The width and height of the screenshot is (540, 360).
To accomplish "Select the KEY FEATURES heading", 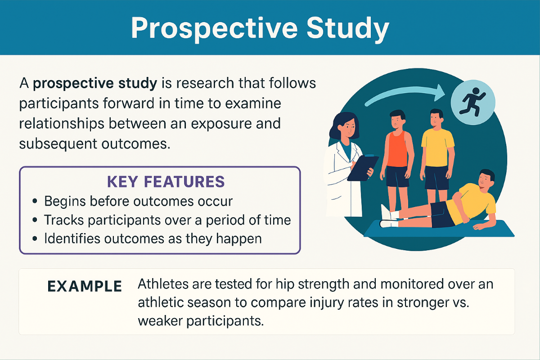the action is (x=166, y=181).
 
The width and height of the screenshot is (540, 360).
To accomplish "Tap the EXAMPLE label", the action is (x=85, y=286).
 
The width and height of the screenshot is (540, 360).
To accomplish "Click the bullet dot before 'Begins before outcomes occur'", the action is (x=35, y=201).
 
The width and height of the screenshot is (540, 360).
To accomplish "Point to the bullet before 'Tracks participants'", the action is (x=35, y=220).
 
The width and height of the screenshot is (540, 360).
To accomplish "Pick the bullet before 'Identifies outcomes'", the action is (x=35, y=238).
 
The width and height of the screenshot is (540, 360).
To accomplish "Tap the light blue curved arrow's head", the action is (x=439, y=93).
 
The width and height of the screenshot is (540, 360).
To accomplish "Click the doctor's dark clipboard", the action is (x=363, y=168).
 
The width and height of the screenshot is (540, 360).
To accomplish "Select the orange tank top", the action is (x=397, y=149).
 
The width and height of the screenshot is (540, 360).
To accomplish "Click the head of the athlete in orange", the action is (x=397, y=120).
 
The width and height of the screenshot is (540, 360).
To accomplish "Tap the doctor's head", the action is (x=345, y=126).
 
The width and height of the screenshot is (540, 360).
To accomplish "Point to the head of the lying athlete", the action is (x=486, y=179).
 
